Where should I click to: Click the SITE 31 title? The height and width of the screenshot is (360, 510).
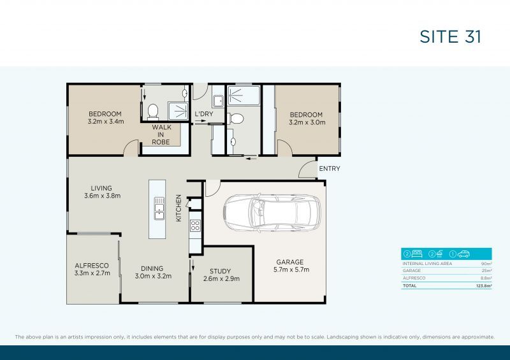tap(450, 36)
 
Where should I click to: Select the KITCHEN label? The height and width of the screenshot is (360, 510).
tap(179, 208)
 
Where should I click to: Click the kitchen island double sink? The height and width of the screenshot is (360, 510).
tap(157, 205)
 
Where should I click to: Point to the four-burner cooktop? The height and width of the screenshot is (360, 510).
tap(195, 225)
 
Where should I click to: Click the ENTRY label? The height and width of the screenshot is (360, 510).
tap(329, 169)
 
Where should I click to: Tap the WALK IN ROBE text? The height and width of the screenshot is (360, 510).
tap(161, 134)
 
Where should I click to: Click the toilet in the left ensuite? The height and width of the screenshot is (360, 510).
tap(152, 112)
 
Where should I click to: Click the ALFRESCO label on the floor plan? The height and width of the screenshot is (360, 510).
tap(91, 265)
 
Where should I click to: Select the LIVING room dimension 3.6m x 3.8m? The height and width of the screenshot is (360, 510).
tap(101, 196)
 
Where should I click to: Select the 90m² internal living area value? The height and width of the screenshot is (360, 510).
tap(486, 263)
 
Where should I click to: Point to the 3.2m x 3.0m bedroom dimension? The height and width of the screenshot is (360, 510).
tap(307, 122)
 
